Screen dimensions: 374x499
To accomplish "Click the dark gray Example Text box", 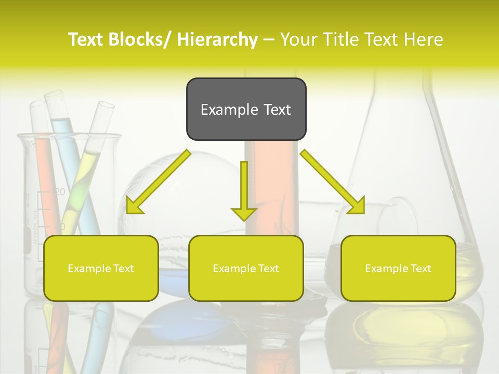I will (x=246, y=109).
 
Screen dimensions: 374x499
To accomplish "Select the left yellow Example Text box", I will (x=101, y=268).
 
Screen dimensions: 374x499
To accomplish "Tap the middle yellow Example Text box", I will (x=246, y=268).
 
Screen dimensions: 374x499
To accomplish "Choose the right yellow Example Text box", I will (x=398, y=268).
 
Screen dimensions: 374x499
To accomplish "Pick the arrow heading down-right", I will (x=333, y=182).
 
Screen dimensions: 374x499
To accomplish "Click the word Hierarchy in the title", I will (x=217, y=39).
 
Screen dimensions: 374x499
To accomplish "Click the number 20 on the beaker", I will (x=60, y=192).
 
